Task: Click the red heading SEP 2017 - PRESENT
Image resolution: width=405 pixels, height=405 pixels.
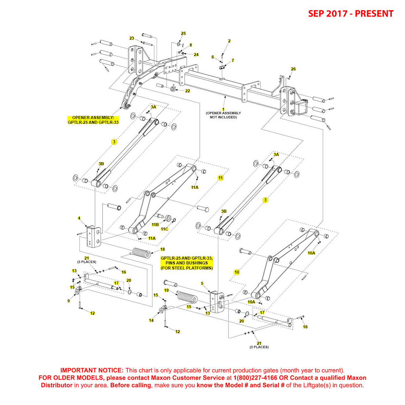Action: [351, 14]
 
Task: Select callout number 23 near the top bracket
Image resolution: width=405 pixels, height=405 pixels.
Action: [132, 38]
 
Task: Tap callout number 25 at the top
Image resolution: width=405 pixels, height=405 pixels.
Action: [183, 34]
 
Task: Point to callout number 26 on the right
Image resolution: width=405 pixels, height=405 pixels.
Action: [293, 69]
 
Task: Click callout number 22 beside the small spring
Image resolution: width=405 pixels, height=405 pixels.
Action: [187, 91]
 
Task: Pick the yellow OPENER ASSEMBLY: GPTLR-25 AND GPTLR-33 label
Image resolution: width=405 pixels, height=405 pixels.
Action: [93, 120]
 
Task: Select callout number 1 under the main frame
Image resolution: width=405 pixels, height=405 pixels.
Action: [223, 109]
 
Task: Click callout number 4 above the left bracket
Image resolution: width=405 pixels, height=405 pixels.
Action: [79, 218]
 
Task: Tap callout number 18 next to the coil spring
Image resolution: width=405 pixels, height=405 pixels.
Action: [162, 249]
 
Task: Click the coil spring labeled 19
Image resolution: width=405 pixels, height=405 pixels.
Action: [187, 296]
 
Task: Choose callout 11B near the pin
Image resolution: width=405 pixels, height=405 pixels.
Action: [155, 225]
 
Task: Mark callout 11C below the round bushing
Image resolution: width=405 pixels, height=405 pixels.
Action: [165, 229]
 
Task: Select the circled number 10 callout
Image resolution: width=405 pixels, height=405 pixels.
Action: [237, 272]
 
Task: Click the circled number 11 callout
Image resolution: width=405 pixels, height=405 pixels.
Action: [221, 178]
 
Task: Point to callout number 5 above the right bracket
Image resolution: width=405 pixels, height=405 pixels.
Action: [202, 284]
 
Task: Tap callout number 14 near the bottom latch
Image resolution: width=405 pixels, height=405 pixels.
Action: [151, 321]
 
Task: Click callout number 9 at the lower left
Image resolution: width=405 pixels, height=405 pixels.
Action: [68, 301]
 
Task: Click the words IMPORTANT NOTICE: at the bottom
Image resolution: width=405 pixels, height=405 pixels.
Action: [92, 370]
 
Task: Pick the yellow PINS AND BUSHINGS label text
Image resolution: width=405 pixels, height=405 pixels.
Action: [186, 263]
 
